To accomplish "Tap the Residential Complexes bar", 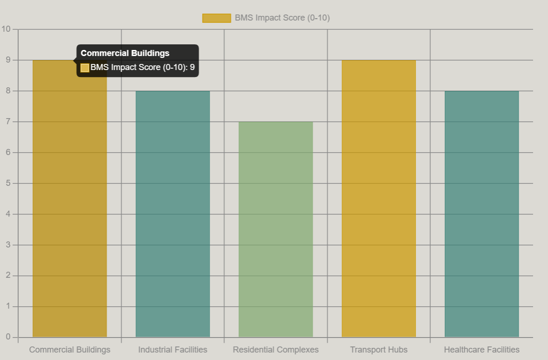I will [276, 229].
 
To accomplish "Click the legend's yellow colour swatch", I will [217, 18].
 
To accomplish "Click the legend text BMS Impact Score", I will [282, 18].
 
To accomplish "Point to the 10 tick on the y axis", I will [6, 29].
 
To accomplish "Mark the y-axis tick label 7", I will [8, 122].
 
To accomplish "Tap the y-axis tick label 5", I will [8, 184].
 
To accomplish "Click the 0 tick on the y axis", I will [8, 337].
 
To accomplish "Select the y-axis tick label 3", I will [8, 245].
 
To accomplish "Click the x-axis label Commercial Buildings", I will [70, 350].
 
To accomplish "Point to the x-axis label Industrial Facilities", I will [173, 350].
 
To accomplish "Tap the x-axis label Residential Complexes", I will [276, 350].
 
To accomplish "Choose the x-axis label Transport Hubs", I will [379, 350].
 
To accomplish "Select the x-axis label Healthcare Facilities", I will [482, 350].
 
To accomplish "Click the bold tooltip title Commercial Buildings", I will [125, 53].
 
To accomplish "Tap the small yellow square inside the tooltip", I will [85, 68].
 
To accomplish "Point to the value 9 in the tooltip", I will [192, 67].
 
